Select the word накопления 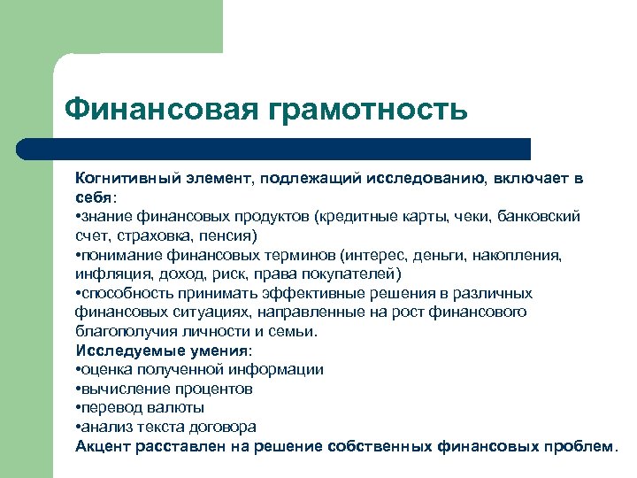(531, 254)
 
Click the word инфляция (109, 274)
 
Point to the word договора (222, 427)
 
